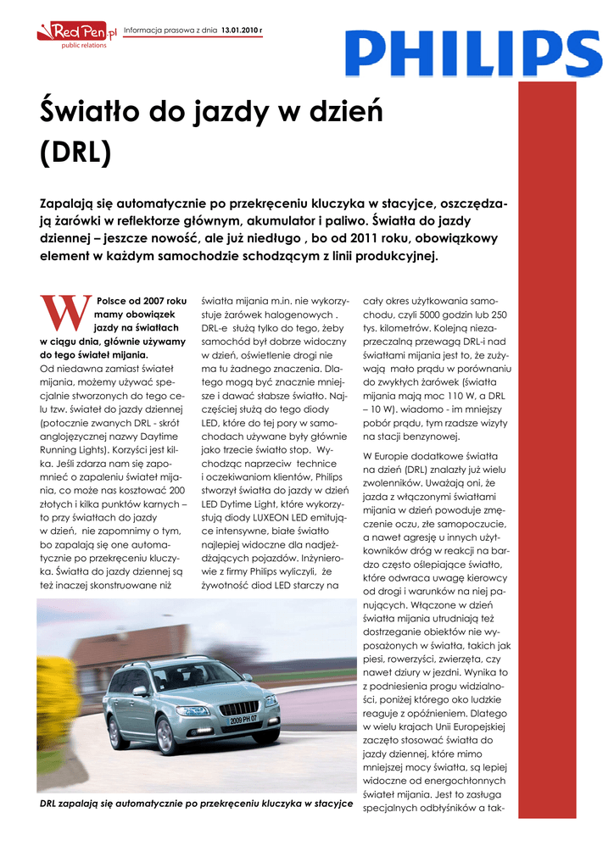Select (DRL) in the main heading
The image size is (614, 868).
click(76, 153)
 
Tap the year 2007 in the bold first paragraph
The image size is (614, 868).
click(143, 300)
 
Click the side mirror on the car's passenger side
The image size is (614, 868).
click(141, 692)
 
